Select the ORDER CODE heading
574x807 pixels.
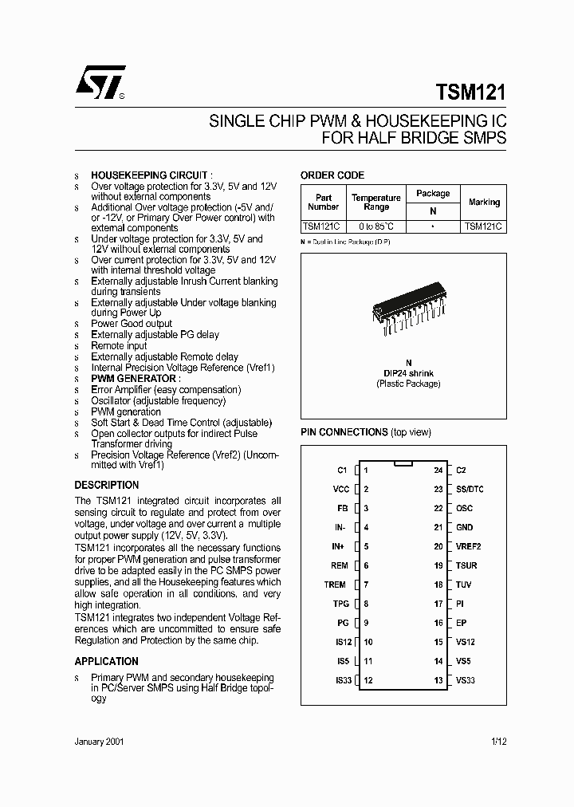point(332,175)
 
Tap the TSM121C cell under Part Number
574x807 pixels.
point(323,226)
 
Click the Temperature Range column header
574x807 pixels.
point(375,202)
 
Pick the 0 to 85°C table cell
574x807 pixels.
point(375,226)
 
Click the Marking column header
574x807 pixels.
point(484,202)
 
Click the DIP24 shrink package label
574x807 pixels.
point(408,372)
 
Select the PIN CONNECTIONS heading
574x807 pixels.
point(344,432)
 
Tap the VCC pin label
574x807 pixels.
point(340,490)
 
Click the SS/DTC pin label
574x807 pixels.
point(470,490)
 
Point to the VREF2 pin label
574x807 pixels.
point(468,547)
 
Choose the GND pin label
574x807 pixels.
point(464,528)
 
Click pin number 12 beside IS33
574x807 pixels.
point(368,680)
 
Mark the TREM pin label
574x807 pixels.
point(335,585)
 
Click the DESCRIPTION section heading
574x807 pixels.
point(107,485)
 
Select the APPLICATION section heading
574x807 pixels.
point(106,661)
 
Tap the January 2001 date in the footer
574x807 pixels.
point(99,741)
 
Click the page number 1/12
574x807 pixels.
point(499,741)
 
